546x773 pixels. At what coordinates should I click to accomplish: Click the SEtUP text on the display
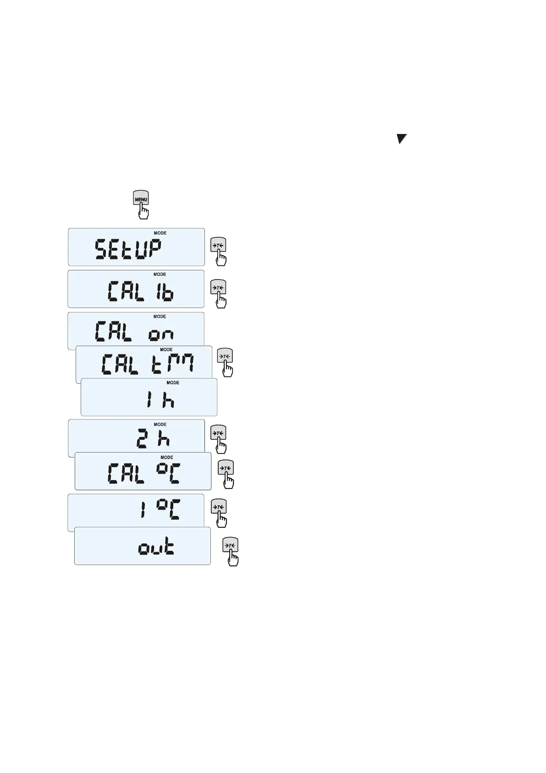coord(128,251)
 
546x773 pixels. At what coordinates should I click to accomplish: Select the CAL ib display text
coord(140,291)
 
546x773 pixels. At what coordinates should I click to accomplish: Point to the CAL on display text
coord(134,331)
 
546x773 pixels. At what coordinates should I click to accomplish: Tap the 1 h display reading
coord(160,401)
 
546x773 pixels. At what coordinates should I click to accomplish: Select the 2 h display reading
coord(153,439)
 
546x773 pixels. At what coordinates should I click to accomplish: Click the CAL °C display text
coord(143,473)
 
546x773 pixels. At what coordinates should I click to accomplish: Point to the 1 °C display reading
coord(160,510)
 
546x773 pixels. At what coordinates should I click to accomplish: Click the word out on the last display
coord(156,548)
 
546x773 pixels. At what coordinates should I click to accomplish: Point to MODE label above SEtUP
coord(160,233)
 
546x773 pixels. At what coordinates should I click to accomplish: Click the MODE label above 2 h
coord(160,425)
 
